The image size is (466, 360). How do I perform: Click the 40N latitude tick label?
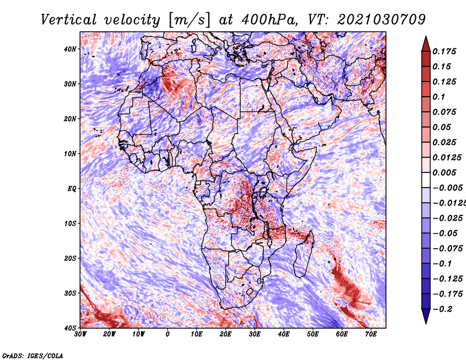[70, 49]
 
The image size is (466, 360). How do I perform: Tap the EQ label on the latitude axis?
[72, 189]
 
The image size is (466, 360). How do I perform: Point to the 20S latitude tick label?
[70, 258]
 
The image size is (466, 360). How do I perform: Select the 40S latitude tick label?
[70, 328]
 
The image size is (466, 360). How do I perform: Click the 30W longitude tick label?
[80, 334]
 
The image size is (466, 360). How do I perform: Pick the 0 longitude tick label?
[168, 334]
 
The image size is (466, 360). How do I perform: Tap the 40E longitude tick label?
[284, 334]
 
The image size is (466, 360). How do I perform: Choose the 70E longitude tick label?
[371, 334]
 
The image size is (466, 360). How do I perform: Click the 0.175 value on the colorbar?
[444, 52]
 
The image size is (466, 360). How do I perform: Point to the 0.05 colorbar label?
[442, 127]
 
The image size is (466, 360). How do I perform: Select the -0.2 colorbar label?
[443, 309]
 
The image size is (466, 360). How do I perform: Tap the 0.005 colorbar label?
[444, 172]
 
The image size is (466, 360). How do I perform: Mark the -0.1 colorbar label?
[443, 264]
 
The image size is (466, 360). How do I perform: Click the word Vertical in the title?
[69, 20]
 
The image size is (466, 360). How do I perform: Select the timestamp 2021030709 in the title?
[382, 20]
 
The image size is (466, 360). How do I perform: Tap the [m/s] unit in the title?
[189, 20]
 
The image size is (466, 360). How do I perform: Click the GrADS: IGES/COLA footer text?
[33, 356]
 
